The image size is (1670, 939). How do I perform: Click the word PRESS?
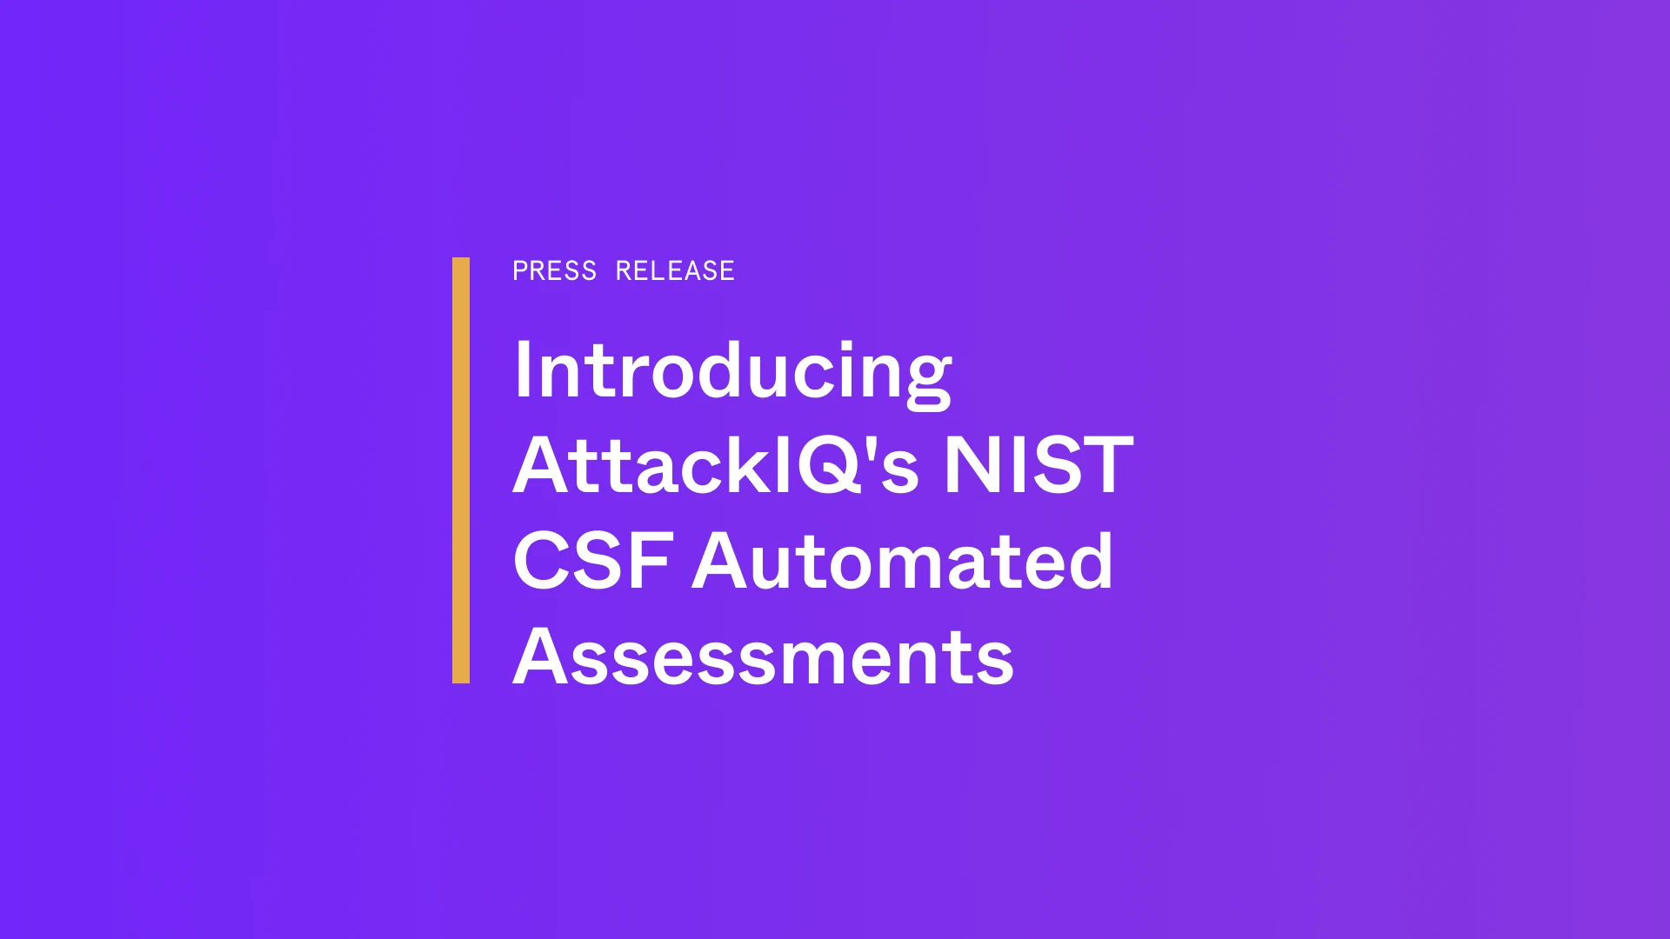click(x=554, y=271)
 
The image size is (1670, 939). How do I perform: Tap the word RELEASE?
click(x=675, y=271)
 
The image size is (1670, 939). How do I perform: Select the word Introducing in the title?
click(x=732, y=372)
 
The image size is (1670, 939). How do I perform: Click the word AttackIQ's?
click(x=716, y=465)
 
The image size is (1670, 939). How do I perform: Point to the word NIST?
click(x=1039, y=465)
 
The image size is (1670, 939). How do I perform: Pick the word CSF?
click(x=593, y=561)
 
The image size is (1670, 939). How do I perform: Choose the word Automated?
click(x=902, y=561)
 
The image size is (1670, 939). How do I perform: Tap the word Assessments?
click(x=764, y=656)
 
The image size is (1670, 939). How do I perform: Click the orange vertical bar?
click(x=461, y=470)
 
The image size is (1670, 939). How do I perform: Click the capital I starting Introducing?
click(x=523, y=369)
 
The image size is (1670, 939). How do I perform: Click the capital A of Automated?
click(x=724, y=560)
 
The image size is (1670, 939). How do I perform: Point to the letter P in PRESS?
click(x=520, y=271)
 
